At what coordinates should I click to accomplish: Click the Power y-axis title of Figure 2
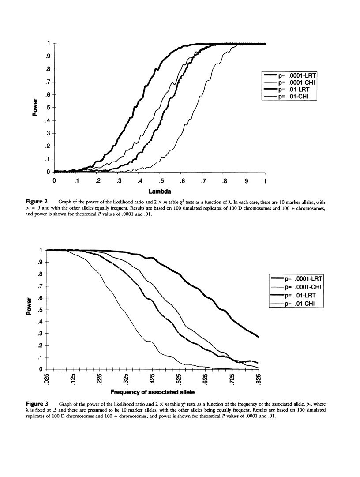pyautogui.click(x=35, y=108)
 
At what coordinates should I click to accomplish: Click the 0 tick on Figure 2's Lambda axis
pyautogui.click(x=54, y=180)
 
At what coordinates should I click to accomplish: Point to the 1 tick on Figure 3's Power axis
pyautogui.click(x=42, y=250)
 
